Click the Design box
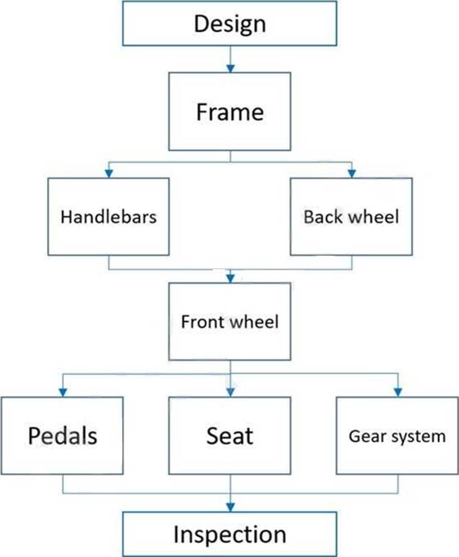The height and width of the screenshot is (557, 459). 229,24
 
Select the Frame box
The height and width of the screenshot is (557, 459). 229,111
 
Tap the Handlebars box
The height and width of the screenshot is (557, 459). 109,217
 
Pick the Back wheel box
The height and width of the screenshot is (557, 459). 351,217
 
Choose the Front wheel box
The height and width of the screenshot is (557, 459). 229,322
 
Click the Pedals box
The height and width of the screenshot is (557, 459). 62,435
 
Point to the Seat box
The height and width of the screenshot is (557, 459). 229,435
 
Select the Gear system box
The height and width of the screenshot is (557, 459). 397,435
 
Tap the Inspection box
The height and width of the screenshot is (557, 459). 229,534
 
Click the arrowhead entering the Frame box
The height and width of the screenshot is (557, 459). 229,68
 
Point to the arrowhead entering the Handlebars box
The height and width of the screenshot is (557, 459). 109,173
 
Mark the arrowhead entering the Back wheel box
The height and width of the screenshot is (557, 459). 351,173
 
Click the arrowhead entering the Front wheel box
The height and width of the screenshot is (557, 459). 230,278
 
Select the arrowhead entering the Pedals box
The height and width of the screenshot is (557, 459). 62,392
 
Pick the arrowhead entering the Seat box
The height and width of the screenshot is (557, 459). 229,392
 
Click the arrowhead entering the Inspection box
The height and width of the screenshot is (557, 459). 230,507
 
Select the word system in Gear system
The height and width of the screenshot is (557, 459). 416,436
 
